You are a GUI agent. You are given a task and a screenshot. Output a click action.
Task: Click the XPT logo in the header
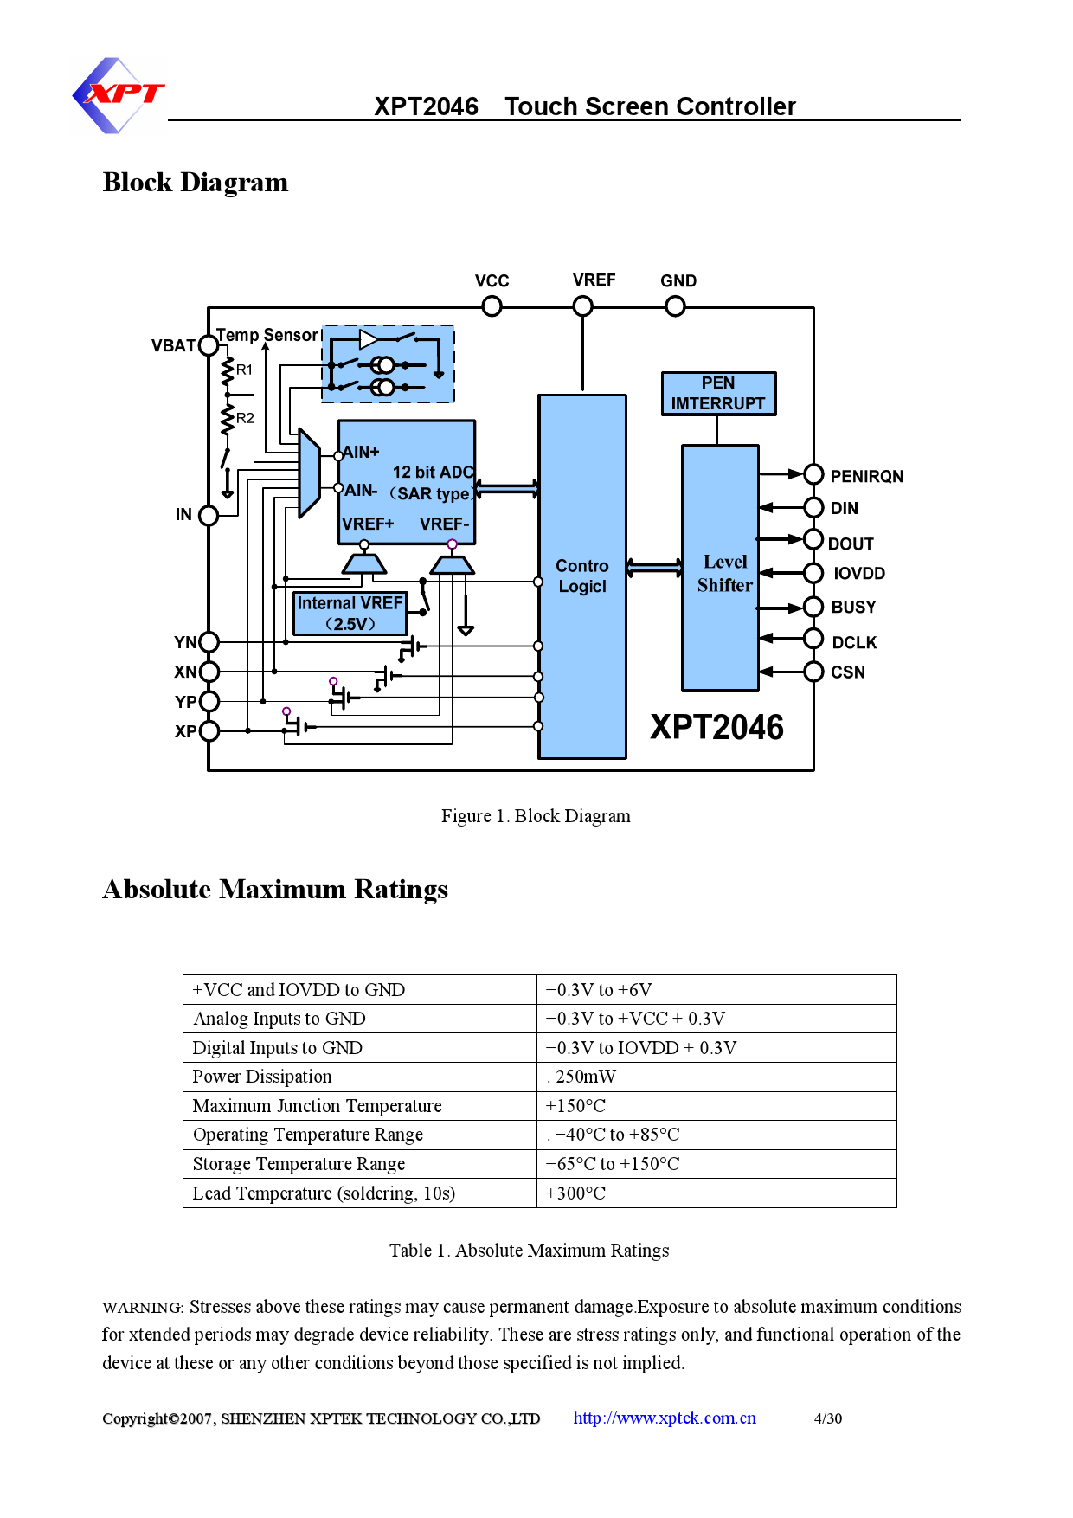[119, 95]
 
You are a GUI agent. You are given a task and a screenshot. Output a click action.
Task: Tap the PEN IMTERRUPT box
[718, 394]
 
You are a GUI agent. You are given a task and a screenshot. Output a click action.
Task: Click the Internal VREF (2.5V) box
[350, 614]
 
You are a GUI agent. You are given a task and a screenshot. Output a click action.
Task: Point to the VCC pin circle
[492, 306]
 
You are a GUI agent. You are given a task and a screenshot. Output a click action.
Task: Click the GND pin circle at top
[675, 306]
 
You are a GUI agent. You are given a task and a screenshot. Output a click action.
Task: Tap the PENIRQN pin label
[866, 477]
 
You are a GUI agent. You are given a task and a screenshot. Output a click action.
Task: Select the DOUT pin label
[851, 544]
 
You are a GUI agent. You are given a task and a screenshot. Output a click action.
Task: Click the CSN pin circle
[813, 672]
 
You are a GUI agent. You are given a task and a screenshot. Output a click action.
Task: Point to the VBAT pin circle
[209, 345]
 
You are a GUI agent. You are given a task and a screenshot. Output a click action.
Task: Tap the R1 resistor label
[245, 370]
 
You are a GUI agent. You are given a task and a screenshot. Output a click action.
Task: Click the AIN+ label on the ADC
[361, 452]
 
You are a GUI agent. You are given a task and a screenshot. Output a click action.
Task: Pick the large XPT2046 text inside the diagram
[716, 728]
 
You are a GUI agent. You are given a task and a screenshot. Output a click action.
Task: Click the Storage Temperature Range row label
[299, 1164]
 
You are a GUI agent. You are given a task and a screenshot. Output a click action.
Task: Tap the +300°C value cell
[575, 1193]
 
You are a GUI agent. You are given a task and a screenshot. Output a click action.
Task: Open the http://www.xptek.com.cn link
[664, 1418]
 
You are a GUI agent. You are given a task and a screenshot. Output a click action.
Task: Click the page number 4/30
[827, 1418]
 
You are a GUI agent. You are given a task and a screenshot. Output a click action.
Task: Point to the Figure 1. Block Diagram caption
[536, 816]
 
